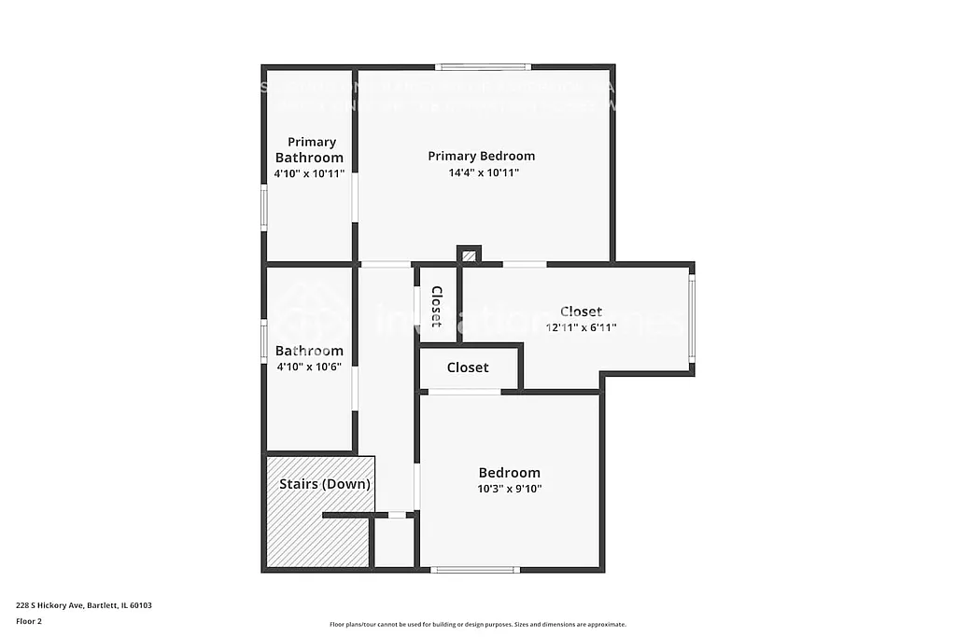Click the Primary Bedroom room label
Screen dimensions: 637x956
click(481, 156)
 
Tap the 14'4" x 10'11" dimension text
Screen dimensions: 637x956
click(484, 173)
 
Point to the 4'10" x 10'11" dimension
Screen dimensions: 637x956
click(309, 173)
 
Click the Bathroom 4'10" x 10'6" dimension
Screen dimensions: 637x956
click(309, 367)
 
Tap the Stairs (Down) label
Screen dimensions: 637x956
click(325, 484)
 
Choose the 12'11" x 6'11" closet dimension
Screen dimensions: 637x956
click(581, 327)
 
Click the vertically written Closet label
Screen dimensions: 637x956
click(436, 306)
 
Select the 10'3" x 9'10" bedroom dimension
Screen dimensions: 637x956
click(510, 489)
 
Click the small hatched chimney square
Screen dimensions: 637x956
click(470, 255)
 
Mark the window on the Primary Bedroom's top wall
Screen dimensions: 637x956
click(484, 67)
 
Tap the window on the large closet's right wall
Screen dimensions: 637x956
click(692, 317)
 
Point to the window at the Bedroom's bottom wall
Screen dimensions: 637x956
click(475, 569)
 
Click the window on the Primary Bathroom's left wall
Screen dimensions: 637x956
click(264, 207)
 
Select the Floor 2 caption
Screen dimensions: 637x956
click(29, 621)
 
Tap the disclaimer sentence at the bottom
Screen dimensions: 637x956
click(477, 625)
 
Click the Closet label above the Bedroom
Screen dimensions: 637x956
click(468, 367)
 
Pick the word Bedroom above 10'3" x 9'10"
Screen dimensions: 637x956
click(510, 473)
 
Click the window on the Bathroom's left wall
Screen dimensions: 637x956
click(264, 341)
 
